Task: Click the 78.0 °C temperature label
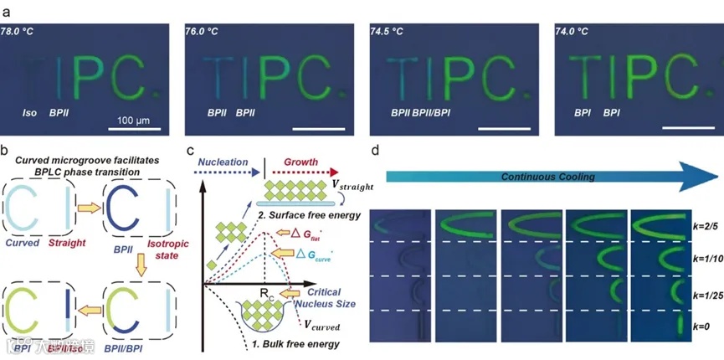(x=19, y=31)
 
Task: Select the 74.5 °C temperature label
(x=386, y=31)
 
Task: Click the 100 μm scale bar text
(x=130, y=120)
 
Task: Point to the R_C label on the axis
(x=264, y=295)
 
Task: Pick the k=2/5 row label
(x=704, y=226)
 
